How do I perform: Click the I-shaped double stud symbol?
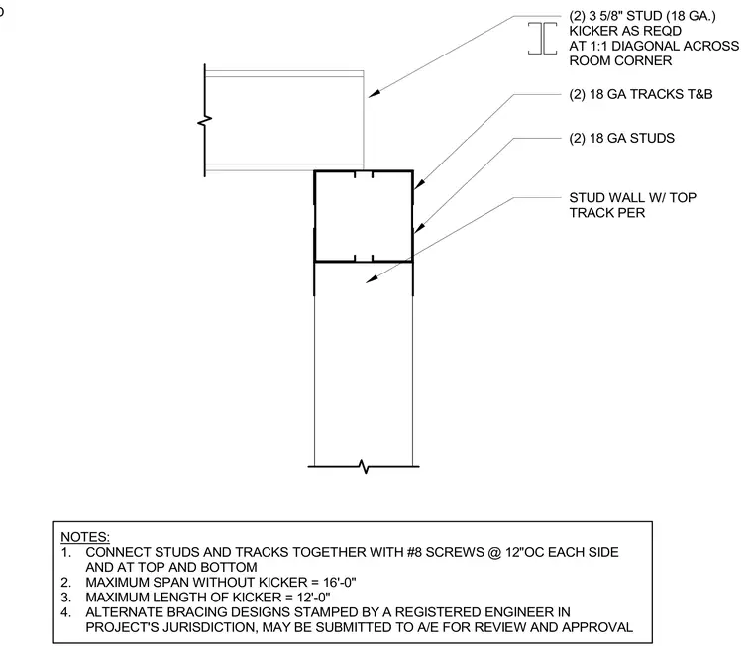pos(543,38)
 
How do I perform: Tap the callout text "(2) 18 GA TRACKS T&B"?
pos(641,94)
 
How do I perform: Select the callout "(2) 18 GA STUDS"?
pos(622,139)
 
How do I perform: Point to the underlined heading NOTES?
pos(85,537)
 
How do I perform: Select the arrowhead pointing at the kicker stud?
pos(374,93)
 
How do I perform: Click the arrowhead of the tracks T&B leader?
pos(418,184)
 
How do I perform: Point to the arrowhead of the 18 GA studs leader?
pos(419,227)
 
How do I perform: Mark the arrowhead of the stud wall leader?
pos(372,279)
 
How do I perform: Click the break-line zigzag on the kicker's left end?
pos(205,121)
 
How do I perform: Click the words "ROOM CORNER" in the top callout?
pos(620,61)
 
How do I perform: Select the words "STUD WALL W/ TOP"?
pos(632,198)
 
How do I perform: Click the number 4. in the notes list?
pos(65,612)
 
